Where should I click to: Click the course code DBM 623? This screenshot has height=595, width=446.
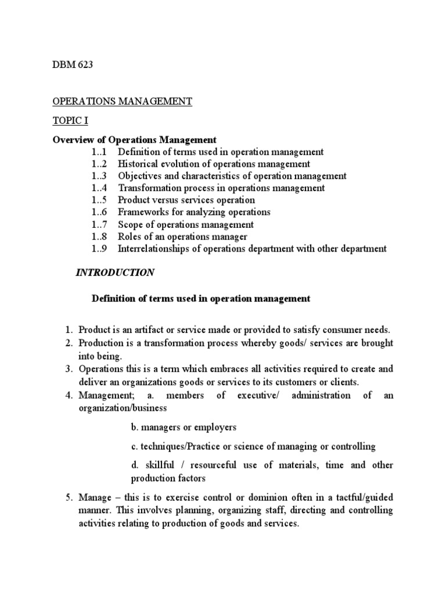click(73, 64)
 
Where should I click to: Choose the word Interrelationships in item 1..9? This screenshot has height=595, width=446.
click(156, 249)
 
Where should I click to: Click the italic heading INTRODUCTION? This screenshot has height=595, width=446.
click(116, 273)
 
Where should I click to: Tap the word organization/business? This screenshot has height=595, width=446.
click(121, 408)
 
